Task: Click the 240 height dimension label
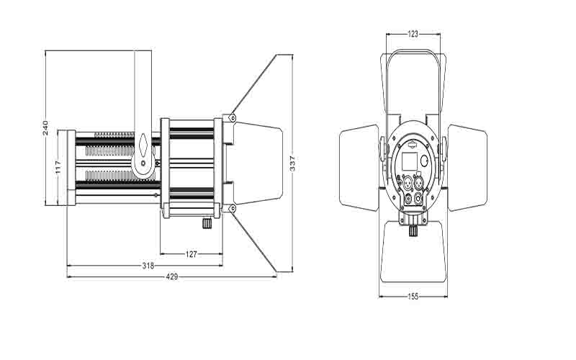45,128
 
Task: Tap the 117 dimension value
59,167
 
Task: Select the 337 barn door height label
293,163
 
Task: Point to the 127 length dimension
192,254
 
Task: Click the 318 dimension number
148,266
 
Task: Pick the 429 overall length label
172,276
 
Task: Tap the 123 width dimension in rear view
413,34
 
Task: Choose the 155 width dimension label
413,297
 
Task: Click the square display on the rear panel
410,161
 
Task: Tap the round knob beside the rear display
424,161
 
